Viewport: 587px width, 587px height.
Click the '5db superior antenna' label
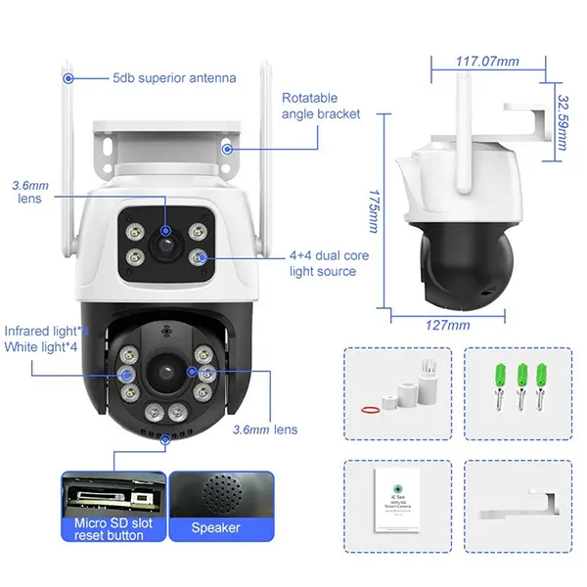174,77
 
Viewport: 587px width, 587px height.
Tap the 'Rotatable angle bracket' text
321,106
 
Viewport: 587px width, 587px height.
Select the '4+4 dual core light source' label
329,263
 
